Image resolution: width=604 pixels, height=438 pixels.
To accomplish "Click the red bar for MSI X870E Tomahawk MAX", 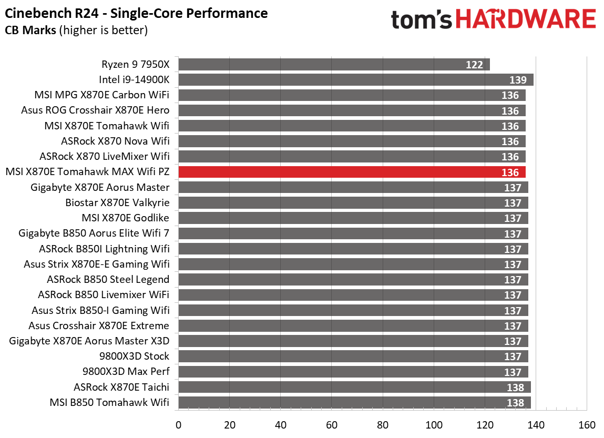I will pos(352,172).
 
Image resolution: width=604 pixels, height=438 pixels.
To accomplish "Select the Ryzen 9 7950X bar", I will pos(334,65).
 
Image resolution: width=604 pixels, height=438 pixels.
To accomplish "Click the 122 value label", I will pos(474,65).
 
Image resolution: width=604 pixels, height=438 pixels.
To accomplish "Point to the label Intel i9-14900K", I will pos(134,80).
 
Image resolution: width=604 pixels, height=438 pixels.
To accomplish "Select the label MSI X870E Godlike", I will pos(126,218).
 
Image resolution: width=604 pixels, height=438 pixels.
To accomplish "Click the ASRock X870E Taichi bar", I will pos(354,387).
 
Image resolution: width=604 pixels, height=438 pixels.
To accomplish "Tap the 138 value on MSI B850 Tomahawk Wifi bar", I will pos(516,403).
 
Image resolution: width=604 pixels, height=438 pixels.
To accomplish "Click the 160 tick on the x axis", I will pos(587,425).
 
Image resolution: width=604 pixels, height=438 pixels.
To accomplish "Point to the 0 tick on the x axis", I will pos(179,425).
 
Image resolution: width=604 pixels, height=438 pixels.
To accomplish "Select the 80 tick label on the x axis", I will pos(383,425).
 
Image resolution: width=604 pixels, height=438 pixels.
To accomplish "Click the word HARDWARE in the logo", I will pos(525,20).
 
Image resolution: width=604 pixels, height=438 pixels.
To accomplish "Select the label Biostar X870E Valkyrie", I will pos(117,202).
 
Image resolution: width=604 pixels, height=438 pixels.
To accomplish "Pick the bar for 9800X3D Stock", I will pos(353,356).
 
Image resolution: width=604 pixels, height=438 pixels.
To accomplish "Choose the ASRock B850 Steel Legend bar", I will pos(353,280).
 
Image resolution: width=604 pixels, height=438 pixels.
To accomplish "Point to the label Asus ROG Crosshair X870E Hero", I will pos(95,110).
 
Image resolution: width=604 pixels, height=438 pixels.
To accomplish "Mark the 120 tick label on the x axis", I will pos(485,425).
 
